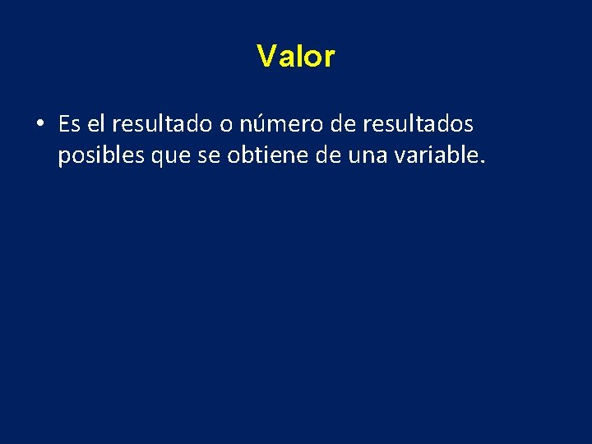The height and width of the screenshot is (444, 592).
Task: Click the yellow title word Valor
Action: [296, 57]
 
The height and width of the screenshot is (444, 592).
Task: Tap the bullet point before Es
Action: [39, 125]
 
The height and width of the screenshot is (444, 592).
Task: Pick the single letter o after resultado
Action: [224, 125]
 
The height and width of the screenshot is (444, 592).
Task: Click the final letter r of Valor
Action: [330, 58]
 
